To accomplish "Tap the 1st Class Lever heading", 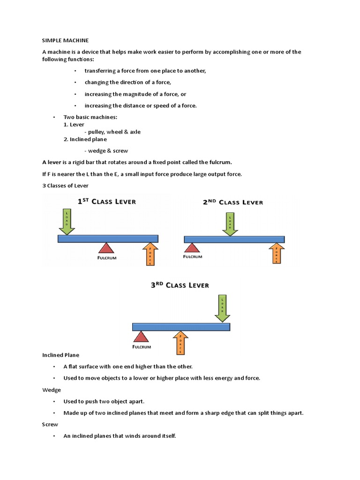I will (106, 202).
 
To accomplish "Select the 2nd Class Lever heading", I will (232, 202).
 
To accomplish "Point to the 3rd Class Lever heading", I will (180, 285).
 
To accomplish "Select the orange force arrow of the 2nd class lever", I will (277, 253).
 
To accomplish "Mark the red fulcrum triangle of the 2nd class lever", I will (191, 247).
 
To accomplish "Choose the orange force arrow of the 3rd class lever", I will (180, 343).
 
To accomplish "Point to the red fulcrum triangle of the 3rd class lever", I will (140, 337).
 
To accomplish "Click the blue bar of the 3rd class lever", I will (181, 327).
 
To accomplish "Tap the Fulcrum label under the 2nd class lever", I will (193, 256).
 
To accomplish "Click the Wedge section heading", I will (52, 390).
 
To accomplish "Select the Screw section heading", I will (51, 424).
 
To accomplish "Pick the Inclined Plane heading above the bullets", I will (61, 355).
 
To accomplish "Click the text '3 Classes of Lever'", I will (65, 186).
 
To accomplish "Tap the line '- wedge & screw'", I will (106, 151).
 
